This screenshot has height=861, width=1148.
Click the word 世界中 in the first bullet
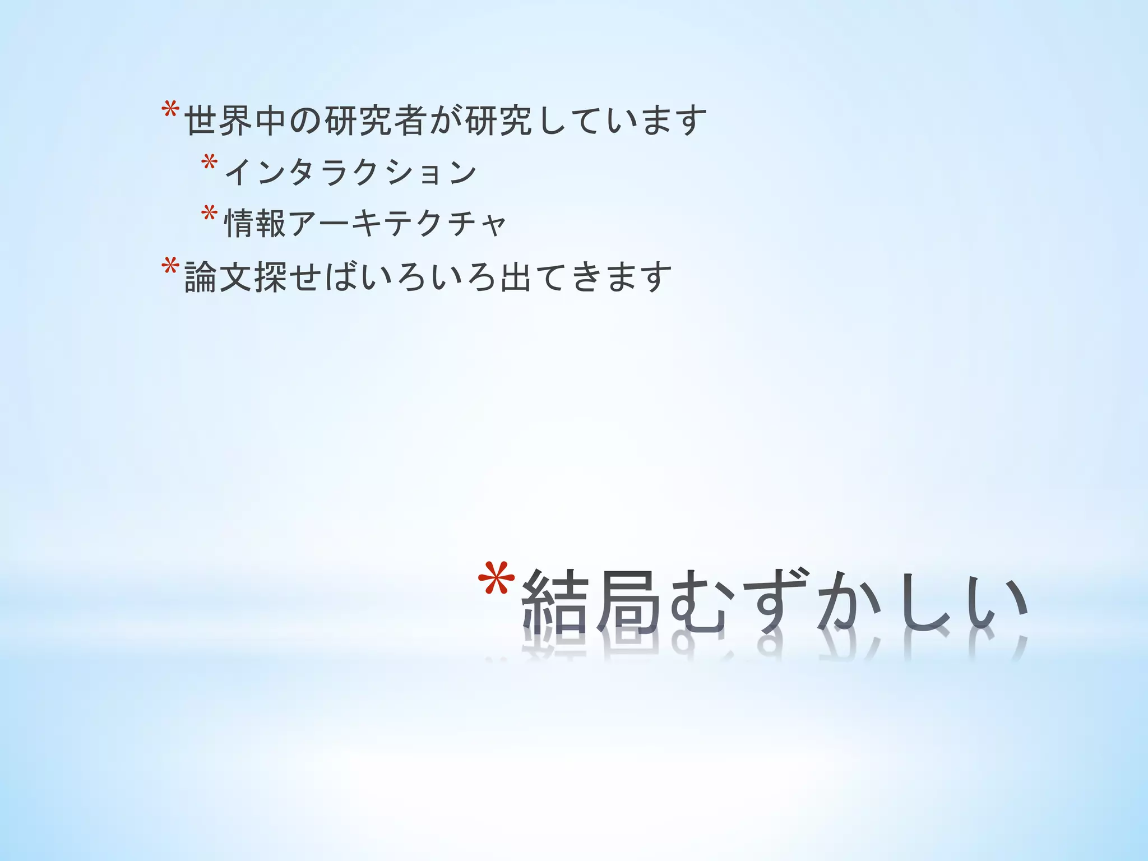point(236,121)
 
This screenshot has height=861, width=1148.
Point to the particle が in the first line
point(446,121)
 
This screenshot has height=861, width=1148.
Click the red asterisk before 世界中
point(170,110)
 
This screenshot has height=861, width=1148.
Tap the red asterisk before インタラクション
point(209,163)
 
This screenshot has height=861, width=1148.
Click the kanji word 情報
point(256,223)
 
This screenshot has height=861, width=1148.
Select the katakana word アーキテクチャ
point(397,223)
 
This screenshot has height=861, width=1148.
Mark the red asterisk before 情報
point(209,214)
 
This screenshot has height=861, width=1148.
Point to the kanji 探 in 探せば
point(271,277)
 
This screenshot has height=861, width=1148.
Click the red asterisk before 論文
point(170,266)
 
